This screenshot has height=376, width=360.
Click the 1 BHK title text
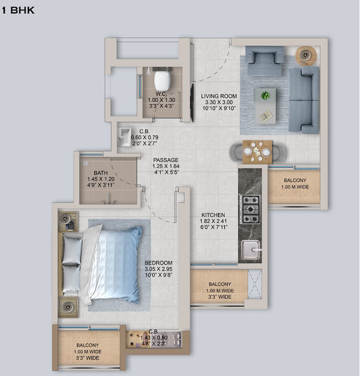[18, 10]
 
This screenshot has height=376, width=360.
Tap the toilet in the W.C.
[162, 80]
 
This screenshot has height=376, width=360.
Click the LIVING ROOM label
[219, 96]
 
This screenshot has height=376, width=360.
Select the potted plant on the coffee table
[265, 96]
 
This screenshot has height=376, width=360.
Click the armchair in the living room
[265, 60]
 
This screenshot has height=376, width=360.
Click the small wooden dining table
[257, 152]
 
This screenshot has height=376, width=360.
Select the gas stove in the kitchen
[250, 209]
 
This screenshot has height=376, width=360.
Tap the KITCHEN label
[213, 215]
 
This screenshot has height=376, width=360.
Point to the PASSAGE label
[166, 160]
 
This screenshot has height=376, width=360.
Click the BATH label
[100, 173]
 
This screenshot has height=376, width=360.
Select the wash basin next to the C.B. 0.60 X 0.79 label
[125, 137]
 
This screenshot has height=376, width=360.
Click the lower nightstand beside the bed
[68, 306]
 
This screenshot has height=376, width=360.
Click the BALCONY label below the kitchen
[220, 284]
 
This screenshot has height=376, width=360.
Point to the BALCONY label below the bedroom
[88, 345]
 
